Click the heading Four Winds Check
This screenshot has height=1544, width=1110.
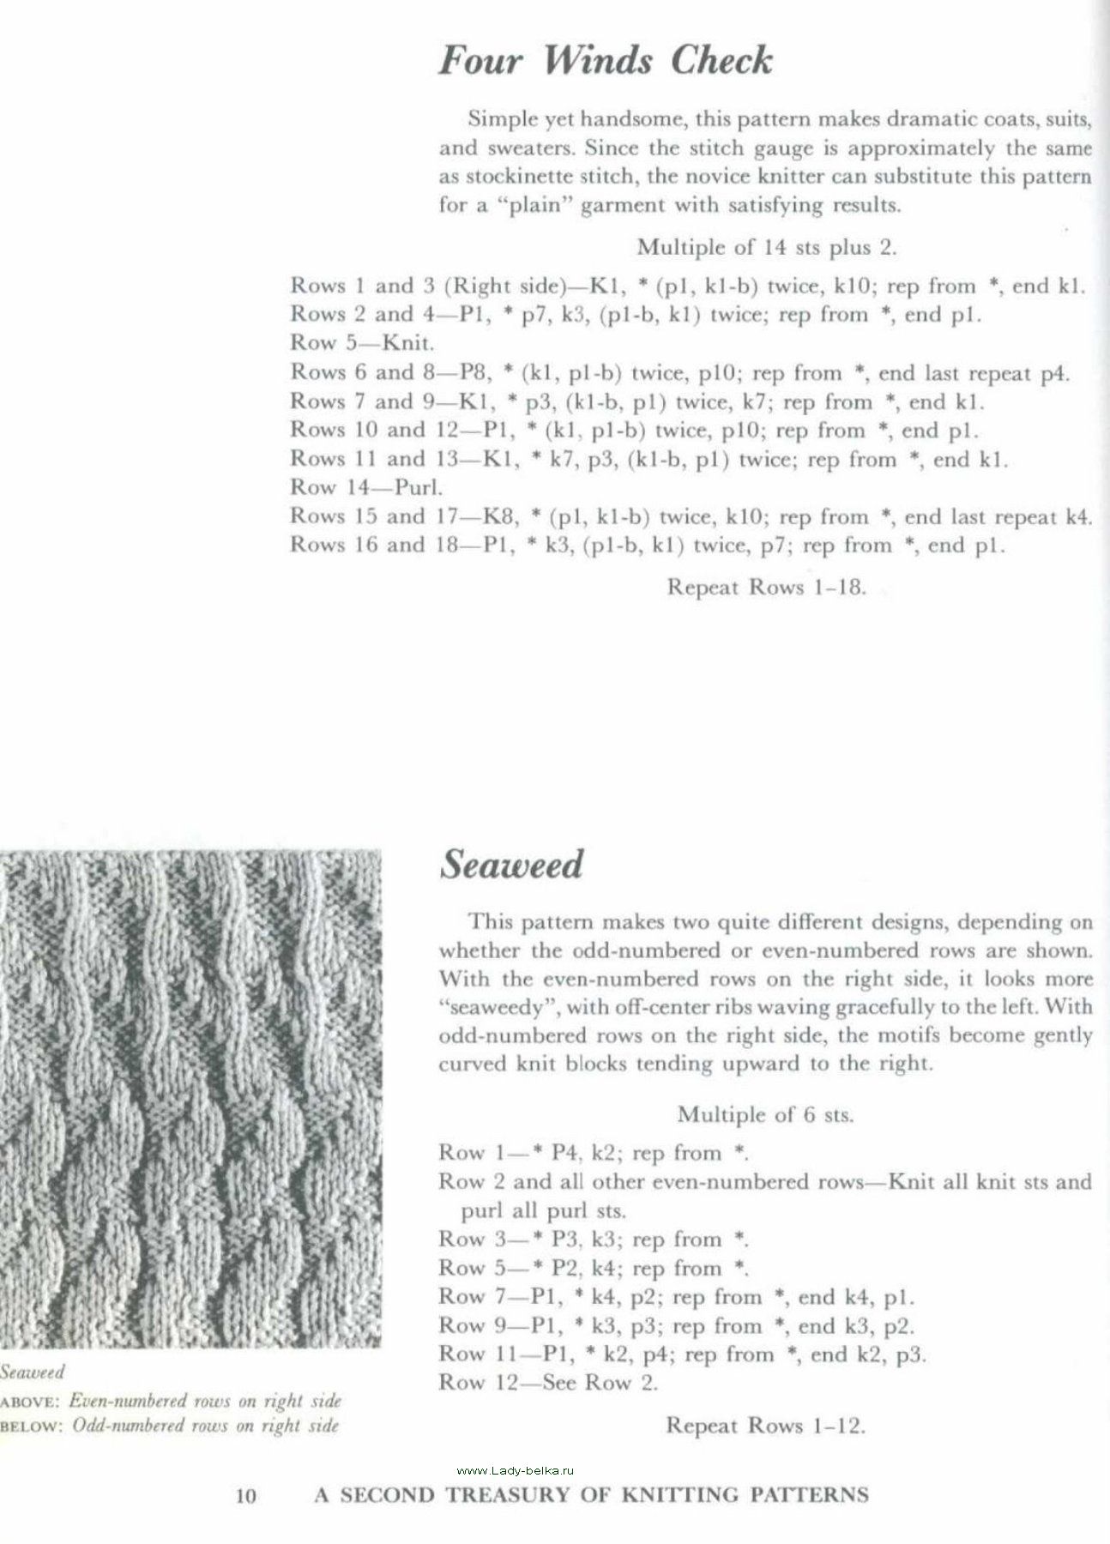[x=606, y=61]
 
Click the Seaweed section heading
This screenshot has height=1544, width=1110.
[x=511, y=864]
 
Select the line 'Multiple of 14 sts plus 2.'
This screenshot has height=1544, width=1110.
[x=766, y=248]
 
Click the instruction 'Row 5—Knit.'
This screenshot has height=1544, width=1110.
[x=362, y=343]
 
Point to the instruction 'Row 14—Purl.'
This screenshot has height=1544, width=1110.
[x=366, y=487]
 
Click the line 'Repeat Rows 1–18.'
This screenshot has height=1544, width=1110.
[x=766, y=588]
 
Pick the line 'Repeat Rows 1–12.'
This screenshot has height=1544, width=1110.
[x=766, y=1426]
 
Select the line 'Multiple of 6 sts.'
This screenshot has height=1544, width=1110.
[x=766, y=1114]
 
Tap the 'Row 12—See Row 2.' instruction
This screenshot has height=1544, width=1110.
[x=548, y=1382]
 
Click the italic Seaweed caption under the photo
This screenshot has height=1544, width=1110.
[x=33, y=1372]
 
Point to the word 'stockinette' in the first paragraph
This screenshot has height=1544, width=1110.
[x=520, y=178]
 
